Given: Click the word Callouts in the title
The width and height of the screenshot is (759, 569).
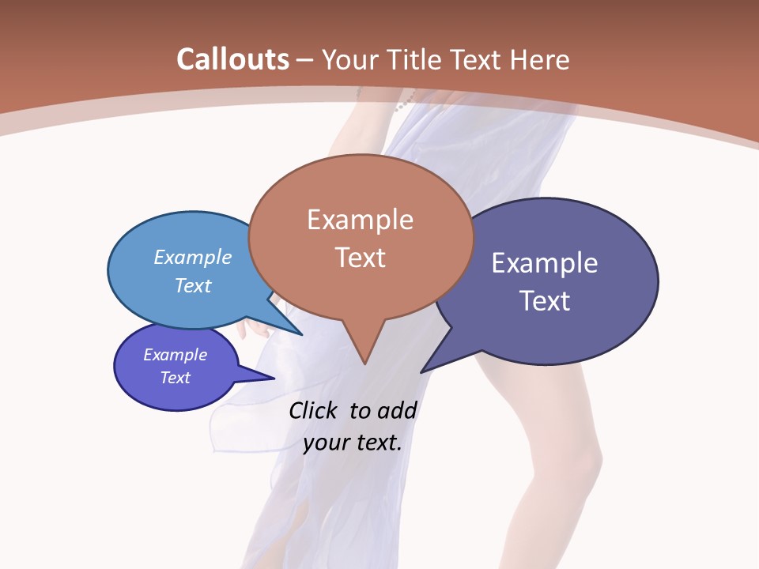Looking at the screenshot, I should pyautogui.click(x=232, y=59).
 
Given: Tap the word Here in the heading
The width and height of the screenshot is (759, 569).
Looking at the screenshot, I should pyautogui.click(x=541, y=59).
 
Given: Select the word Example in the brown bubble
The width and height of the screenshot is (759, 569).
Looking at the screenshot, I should pyautogui.click(x=360, y=220).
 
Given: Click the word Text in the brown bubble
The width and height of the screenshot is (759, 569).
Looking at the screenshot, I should pyautogui.click(x=360, y=258).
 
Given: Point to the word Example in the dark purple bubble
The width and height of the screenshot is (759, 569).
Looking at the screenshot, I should pyautogui.click(x=545, y=263).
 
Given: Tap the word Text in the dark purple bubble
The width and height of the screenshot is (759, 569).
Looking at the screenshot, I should pyautogui.click(x=545, y=301).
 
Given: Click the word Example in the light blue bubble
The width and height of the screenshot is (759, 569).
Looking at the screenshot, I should pyautogui.click(x=193, y=257).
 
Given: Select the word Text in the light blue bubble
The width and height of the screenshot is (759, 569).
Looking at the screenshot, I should pyautogui.click(x=193, y=285).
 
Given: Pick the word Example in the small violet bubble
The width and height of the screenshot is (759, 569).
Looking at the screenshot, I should pyautogui.click(x=176, y=355).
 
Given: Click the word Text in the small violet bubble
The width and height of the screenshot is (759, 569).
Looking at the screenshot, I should pyautogui.click(x=176, y=378).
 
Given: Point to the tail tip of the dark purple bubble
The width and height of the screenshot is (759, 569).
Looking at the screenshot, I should pyautogui.click(x=421, y=371).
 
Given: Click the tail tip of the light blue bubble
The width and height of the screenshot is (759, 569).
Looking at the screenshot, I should pyautogui.click(x=301, y=334).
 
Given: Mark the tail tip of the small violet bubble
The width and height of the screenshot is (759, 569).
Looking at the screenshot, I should pyautogui.click(x=274, y=379).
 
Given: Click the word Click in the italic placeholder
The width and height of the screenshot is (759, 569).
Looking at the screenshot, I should pyautogui.click(x=315, y=411).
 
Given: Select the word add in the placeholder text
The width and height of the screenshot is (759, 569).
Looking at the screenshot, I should pyautogui.click(x=396, y=411).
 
